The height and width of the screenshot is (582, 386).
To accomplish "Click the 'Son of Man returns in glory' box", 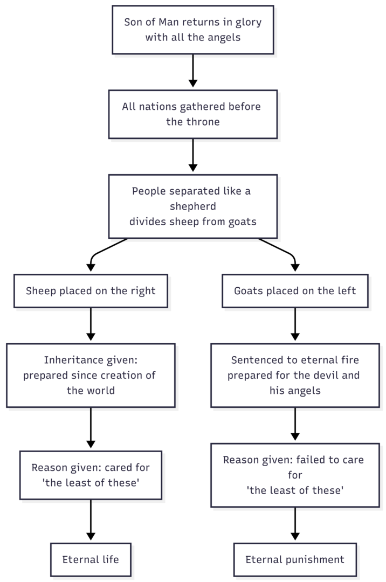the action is pos(193,30).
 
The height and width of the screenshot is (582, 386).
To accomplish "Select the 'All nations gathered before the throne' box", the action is pos(193,114).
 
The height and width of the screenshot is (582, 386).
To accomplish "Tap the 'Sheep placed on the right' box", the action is pos(91,291).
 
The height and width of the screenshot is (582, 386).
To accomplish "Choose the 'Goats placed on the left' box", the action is pos(295,291).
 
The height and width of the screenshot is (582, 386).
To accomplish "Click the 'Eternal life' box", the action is pos(91,560).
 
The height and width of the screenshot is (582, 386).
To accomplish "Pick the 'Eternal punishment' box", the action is pos(295,560).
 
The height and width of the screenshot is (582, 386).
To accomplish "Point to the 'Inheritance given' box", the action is pos(91,375).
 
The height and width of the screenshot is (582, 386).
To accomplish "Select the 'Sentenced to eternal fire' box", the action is pos(295,375).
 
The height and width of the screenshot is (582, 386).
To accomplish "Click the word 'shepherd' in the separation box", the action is pos(193,206).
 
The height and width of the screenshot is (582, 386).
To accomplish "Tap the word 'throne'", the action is pos(203,122).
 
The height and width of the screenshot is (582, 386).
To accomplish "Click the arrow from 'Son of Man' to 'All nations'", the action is pos(193,71).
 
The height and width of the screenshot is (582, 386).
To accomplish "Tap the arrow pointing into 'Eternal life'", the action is pos(91,520).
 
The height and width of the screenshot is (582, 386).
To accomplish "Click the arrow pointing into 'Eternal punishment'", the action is pos(295,524).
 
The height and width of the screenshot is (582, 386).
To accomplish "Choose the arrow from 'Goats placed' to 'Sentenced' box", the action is pos(295,324).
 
